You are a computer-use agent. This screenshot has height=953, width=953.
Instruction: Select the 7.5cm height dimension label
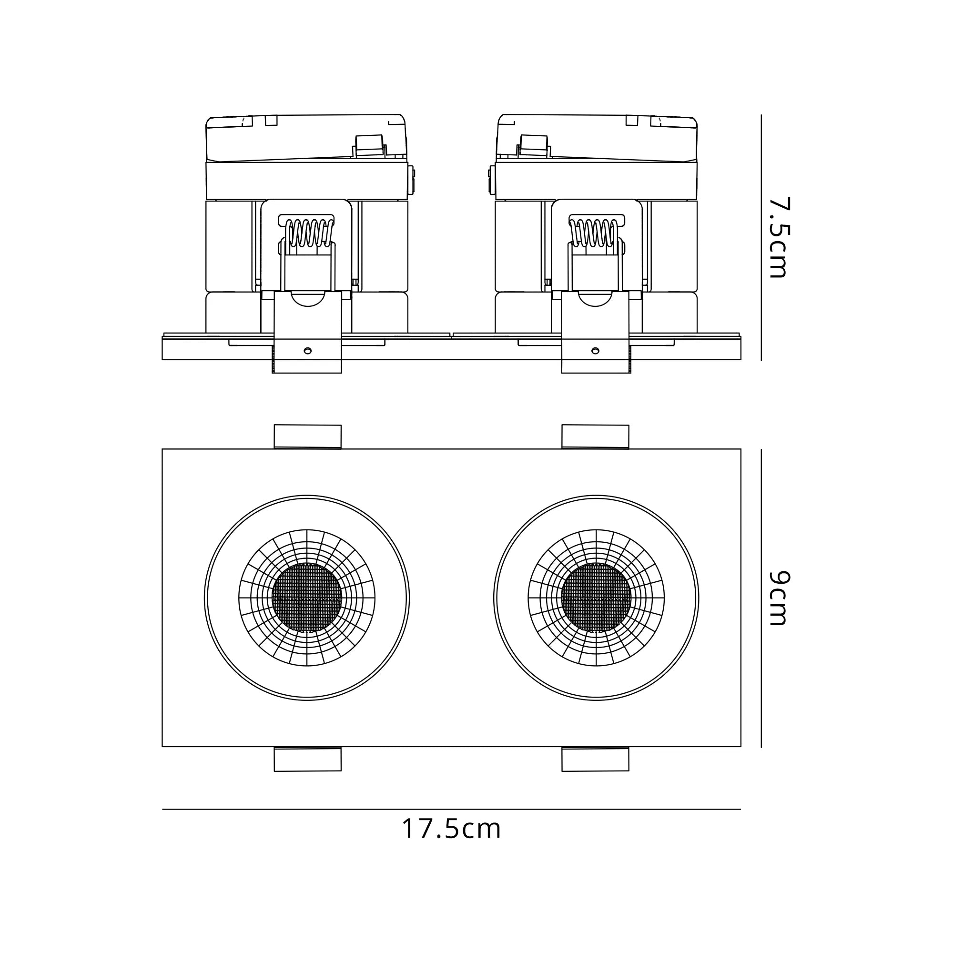(x=780, y=238)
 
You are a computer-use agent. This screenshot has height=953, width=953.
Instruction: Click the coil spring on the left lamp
(x=306, y=233)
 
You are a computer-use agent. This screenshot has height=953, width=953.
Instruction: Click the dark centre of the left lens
(x=307, y=598)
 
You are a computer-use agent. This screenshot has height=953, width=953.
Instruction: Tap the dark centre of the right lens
(x=596, y=598)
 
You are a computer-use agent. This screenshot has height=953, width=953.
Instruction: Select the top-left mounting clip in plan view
(x=308, y=436)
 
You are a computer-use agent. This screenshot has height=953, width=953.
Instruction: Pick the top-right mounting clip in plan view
(x=595, y=436)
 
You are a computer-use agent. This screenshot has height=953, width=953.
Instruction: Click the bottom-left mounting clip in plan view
(x=308, y=759)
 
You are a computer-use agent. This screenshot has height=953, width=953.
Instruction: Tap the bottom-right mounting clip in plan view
(x=595, y=759)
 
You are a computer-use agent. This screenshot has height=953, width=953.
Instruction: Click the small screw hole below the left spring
(x=307, y=351)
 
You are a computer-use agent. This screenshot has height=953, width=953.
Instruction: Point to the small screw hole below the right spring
(x=595, y=351)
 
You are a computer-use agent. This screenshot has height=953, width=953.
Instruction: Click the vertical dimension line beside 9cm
(x=761, y=598)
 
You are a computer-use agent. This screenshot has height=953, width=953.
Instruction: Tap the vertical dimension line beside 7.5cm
(x=761, y=238)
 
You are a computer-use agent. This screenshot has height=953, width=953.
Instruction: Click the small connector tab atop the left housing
(x=369, y=146)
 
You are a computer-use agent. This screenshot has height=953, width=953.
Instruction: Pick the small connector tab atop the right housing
(x=533, y=146)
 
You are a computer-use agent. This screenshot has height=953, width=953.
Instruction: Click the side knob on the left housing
(x=412, y=180)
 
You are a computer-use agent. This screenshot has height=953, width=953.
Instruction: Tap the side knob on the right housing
(x=491, y=180)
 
